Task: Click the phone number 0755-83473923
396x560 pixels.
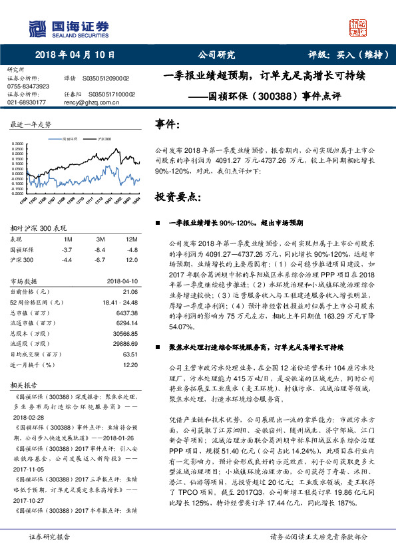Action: (28, 86)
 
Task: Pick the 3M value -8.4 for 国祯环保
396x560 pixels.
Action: (100, 249)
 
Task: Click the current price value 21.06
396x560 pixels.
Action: (130, 291)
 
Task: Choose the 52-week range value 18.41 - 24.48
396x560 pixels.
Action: (120, 302)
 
